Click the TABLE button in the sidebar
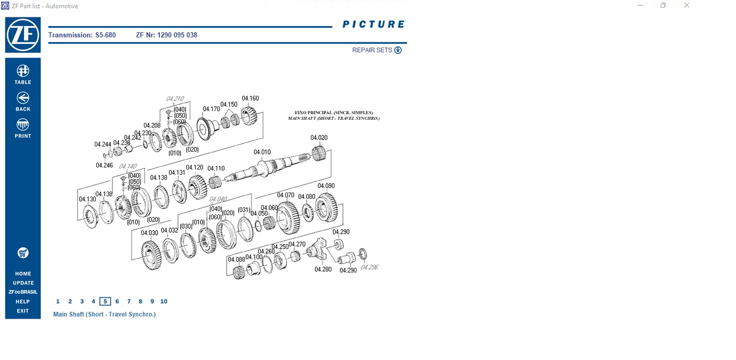point(23,74)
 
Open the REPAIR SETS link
point(376,50)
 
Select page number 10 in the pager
point(164,301)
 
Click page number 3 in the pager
point(82,301)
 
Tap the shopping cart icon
point(23,253)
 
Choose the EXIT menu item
point(23,311)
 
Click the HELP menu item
point(23,301)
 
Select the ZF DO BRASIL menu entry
point(23,292)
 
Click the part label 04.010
point(262,152)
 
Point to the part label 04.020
point(319,138)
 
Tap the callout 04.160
point(250,98)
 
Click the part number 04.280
point(323,269)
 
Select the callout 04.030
point(149,233)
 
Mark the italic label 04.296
point(370,267)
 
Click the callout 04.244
point(103,144)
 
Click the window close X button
point(687,6)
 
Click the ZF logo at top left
point(23,35)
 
